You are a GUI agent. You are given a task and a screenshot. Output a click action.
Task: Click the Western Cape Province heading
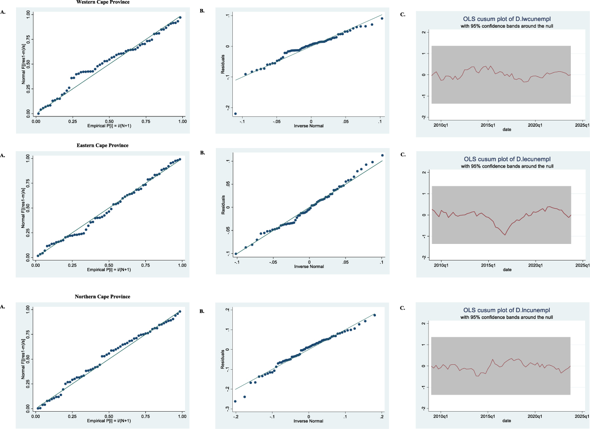pyautogui.click(x=103, y=2)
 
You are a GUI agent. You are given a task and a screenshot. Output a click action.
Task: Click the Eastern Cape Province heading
pyautogui.click(x=102, y=145)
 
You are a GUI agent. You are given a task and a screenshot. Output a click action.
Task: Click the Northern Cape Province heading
pyautogui.click(x=102, y=297)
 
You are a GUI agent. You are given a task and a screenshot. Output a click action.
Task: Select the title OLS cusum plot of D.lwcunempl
pyautogui.click(x=507, y=19)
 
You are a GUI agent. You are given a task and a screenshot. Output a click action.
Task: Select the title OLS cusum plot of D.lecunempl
pyautogui.click(x=507, y=159)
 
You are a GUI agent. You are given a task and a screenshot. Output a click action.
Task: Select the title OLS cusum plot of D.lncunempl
pyautogui.click(x=506, y=310)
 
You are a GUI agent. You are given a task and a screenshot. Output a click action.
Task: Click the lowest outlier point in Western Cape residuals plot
pyautogui.click(x=235, y=114)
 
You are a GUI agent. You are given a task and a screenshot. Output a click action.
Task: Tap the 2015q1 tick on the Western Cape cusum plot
pyautogui.click(x=488, y=125)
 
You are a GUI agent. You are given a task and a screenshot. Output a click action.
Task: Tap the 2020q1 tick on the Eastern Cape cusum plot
pyautogui.click(x=535, y=265)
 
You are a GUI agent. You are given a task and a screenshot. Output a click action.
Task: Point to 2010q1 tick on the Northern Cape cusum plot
pyautogui.click(x=441, y=417)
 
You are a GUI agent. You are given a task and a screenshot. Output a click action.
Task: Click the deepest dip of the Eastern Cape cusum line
pyautogui.click(x=505, y=235)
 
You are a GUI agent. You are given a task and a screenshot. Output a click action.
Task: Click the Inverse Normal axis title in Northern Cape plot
pyautogui.click(x=308, y=421)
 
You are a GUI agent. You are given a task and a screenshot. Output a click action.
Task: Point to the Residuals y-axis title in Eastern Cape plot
pyautogui.click(x=223, y=205)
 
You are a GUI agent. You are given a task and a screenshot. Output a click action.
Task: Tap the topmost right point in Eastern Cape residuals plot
pyautogui.click(x=382, y=156)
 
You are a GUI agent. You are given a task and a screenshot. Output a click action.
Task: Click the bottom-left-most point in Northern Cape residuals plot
pyautogui.click(x=235, y=401)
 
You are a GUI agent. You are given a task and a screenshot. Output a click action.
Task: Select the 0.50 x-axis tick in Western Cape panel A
pyautogui.click(x=109, y=121)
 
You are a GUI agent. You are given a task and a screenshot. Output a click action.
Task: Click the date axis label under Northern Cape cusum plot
pyautogui.click(x=507, y=421)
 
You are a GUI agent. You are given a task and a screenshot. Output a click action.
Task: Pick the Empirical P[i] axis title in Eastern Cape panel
pyautogui.click(x=109, y=270)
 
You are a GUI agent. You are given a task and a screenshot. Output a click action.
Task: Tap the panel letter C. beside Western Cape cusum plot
pyautogui.click(x=403, y=15)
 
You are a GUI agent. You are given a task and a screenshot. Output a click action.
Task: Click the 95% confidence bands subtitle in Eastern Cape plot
pyautogui.click(x=507, y=166)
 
